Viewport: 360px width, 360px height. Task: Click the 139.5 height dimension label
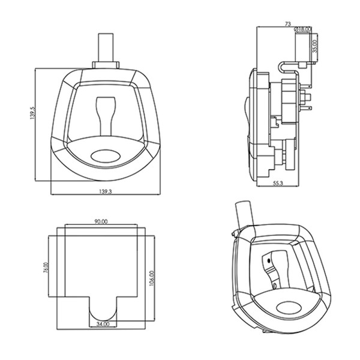pos(32,113)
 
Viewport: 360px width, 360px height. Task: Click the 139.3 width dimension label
pos(106,191)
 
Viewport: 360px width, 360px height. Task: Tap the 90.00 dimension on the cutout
pos(101,222)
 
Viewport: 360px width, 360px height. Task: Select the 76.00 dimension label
pos(46,268)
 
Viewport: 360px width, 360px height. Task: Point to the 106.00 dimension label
pos(152,278)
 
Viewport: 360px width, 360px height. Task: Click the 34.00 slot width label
pos(103,324)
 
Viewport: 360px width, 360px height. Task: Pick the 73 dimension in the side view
pos(287,24)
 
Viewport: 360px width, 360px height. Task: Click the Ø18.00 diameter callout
pos(302,29)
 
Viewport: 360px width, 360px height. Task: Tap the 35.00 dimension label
pos(315,46)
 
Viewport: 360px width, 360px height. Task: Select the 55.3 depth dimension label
pos(278,183)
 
